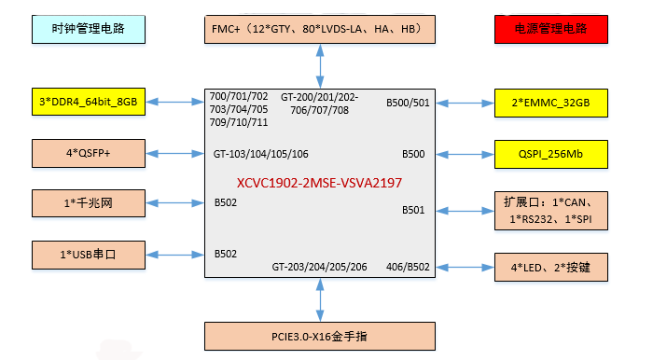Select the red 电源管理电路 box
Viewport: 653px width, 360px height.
550,29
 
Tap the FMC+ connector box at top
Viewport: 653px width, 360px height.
320,29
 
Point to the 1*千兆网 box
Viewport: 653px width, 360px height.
89,202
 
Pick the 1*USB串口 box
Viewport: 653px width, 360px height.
89,254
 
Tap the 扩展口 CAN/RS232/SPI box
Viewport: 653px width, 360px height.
550,210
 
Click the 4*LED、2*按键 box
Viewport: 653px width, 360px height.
550,269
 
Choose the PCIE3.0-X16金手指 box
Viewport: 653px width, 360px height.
320,335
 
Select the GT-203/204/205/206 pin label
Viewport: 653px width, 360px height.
319,267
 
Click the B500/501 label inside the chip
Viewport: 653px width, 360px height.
408,103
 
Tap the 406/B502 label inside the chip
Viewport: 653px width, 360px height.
408,267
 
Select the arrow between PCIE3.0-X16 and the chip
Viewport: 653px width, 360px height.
320,298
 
